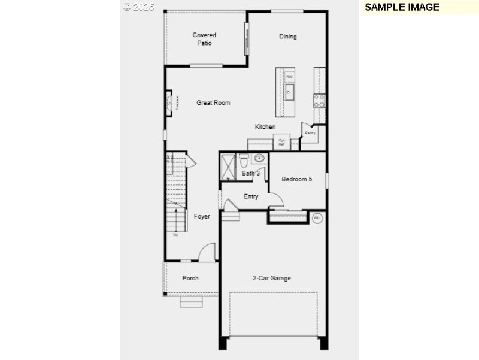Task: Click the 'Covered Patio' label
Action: [x=204, y=39]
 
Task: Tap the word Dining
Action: [x=287, y=37]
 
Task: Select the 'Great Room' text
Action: [x=213, y=103]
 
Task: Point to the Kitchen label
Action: [x=265, y=127]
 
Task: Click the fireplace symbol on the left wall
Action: [x=170, y=102]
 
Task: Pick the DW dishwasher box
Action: [x=289, y=77]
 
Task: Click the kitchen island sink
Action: [x=289, y=92]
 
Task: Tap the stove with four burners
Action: [x=320, y=101]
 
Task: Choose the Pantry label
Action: [x=310, y=133]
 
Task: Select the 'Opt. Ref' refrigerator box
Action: [x=281, y=143]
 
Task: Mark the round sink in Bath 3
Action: [x=259, y=159]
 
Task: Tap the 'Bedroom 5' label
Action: [x=296, y=179]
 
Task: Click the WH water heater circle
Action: [x=317, y=218]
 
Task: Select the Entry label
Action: [x=251, y=196]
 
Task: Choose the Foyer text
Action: [x=202, y=216]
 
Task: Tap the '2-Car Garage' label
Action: [x=271, y=278]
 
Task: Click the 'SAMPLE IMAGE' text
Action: [x=402, y=7]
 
